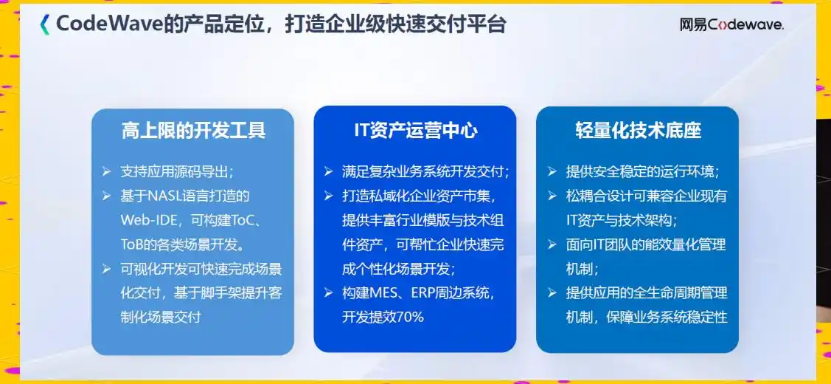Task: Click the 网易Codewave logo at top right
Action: (x=731, y=24)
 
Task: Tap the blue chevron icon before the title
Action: (x=45, y=24)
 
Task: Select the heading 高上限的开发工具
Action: (x=193, y=131)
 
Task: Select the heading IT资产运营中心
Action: (x=415, y=131)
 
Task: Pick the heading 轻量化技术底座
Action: (x=638, y=131)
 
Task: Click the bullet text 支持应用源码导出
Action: (x=176, y=171)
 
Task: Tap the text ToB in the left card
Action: (x=133, y=244)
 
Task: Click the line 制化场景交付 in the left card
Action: (x=160, y=317)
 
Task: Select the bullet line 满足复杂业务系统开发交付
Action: (x=425, y=171)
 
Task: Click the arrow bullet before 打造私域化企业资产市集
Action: (x=328, y=196)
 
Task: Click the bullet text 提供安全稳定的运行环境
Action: (x=641, y=171)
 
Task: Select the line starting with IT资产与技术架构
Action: (x=622, y=220)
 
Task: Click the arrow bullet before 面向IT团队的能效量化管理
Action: (x=552, y=244)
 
